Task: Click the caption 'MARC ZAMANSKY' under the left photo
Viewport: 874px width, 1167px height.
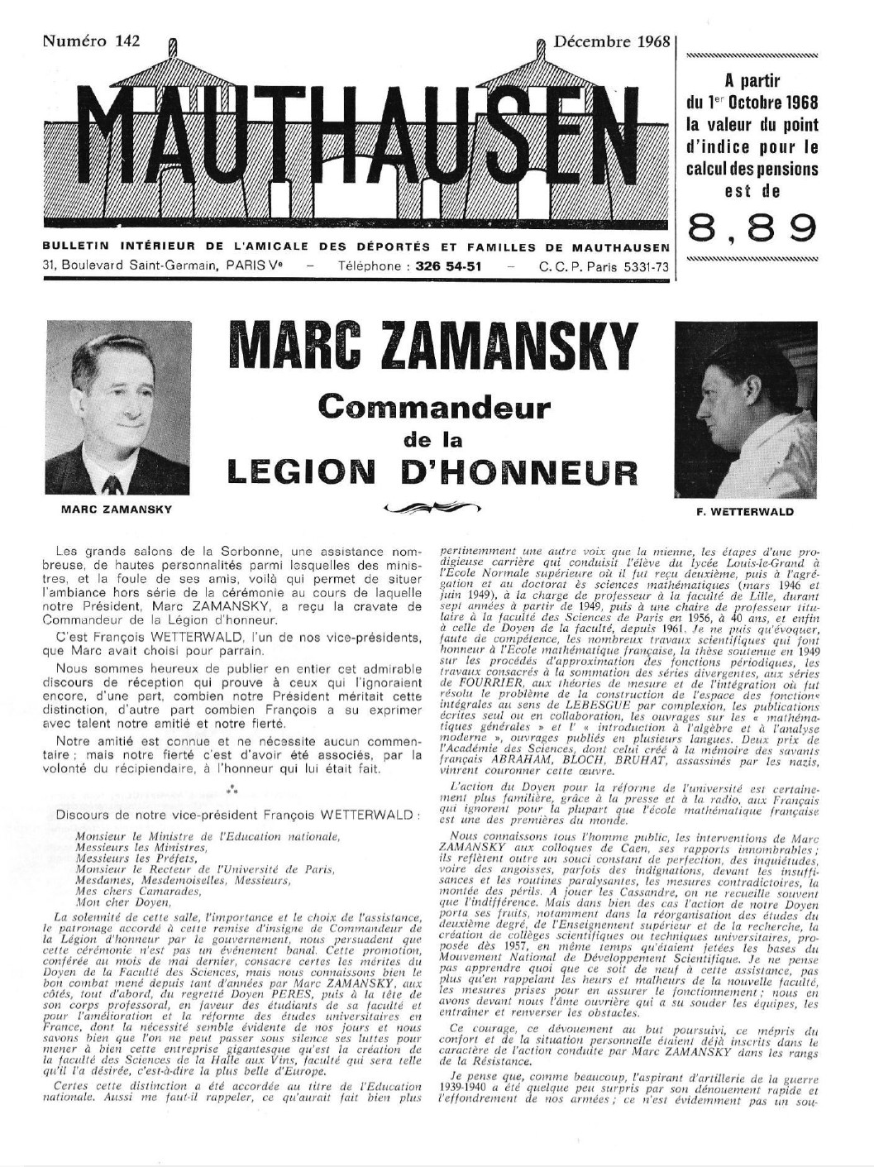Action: [117, 509]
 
